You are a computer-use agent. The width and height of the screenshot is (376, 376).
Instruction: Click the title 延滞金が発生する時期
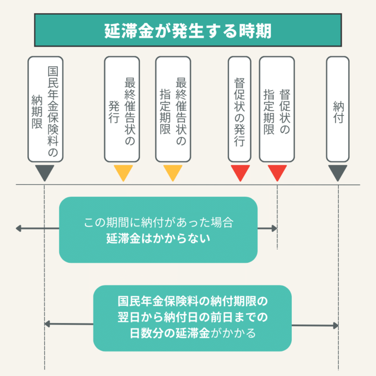[x=188, y=30]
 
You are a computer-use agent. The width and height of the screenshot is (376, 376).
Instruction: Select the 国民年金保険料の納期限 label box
[x=45, y=109]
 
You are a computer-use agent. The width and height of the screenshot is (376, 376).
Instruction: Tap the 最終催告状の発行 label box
[x=122, y=109]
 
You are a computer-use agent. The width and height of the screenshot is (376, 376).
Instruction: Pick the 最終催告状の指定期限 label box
[x=173, y=109]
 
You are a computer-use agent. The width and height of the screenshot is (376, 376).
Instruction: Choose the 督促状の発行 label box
[x=239, y=109]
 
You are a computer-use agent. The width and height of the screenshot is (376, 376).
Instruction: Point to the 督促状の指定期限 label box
[x=277, y=109]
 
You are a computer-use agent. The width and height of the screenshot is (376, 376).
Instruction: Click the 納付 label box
[x=338, y=109]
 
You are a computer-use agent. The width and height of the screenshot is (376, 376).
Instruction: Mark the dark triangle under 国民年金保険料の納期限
[x=45, y=173]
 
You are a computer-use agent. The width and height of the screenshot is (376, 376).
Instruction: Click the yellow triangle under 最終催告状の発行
[x=123, y=173]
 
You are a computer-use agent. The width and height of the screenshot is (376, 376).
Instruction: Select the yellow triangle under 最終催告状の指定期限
[x=173, y=173]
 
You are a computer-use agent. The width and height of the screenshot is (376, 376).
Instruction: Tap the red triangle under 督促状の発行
[x=240, y=173]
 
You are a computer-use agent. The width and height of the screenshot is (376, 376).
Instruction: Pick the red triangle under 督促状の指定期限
[x=277, y=173]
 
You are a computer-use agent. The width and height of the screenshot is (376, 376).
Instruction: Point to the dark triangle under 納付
[x=338, y=173]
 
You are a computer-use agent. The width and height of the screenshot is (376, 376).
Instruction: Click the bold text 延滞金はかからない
[x=158, y=239]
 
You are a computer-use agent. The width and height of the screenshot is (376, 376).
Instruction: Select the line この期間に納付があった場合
[x=158, y=223]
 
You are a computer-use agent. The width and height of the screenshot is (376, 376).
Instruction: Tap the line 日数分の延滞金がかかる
[x=192, y=334]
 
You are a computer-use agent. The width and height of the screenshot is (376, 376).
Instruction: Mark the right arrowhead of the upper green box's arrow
[x=275, y=229]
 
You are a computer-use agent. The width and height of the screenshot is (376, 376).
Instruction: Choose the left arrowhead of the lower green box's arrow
[x=47, y=324]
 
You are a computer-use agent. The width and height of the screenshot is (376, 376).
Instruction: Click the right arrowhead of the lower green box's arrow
[x=336, y=326]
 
